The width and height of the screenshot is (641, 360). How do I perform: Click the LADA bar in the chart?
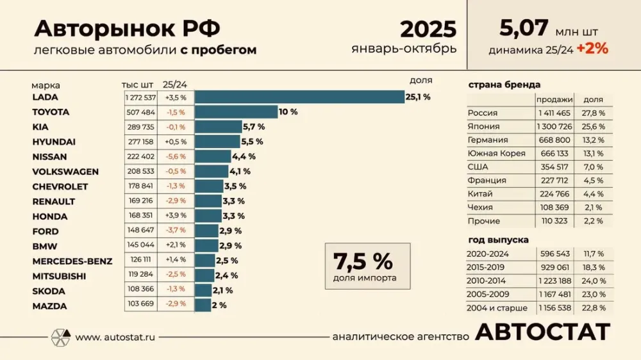[x=299, y=97]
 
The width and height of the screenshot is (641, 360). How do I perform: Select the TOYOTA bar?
[x=236, y=112]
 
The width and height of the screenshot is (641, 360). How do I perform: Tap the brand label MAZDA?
[x=49, y=306]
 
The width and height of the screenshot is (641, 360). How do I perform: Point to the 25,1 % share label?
[x=418, y=97]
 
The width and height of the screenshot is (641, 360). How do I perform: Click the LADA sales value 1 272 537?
[x=141, y=97]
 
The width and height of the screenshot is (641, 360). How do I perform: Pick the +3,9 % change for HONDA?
[x=175, y=216]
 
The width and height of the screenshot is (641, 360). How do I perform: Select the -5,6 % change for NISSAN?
[x=175, y=156]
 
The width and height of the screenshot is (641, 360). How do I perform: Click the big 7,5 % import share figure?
[x=363, y=261]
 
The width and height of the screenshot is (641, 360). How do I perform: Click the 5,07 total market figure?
[x=524, y=28]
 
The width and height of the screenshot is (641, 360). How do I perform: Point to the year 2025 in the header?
[x=428, y=29]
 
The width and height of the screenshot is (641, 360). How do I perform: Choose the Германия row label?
[x=488, y=140]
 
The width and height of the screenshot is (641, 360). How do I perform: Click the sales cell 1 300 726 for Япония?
[x=555, y=126]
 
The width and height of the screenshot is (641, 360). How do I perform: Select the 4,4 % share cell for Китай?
[x=593, y=193]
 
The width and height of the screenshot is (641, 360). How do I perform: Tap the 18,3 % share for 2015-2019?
[x=593, y=267]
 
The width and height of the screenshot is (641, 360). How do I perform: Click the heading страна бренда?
[x=504, y=85]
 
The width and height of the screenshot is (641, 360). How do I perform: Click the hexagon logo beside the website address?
[x=60, y=337]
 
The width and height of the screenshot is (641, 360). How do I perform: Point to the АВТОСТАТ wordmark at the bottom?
[x=543, y=332]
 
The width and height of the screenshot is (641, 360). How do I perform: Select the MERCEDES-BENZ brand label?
[x=72, y=261]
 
